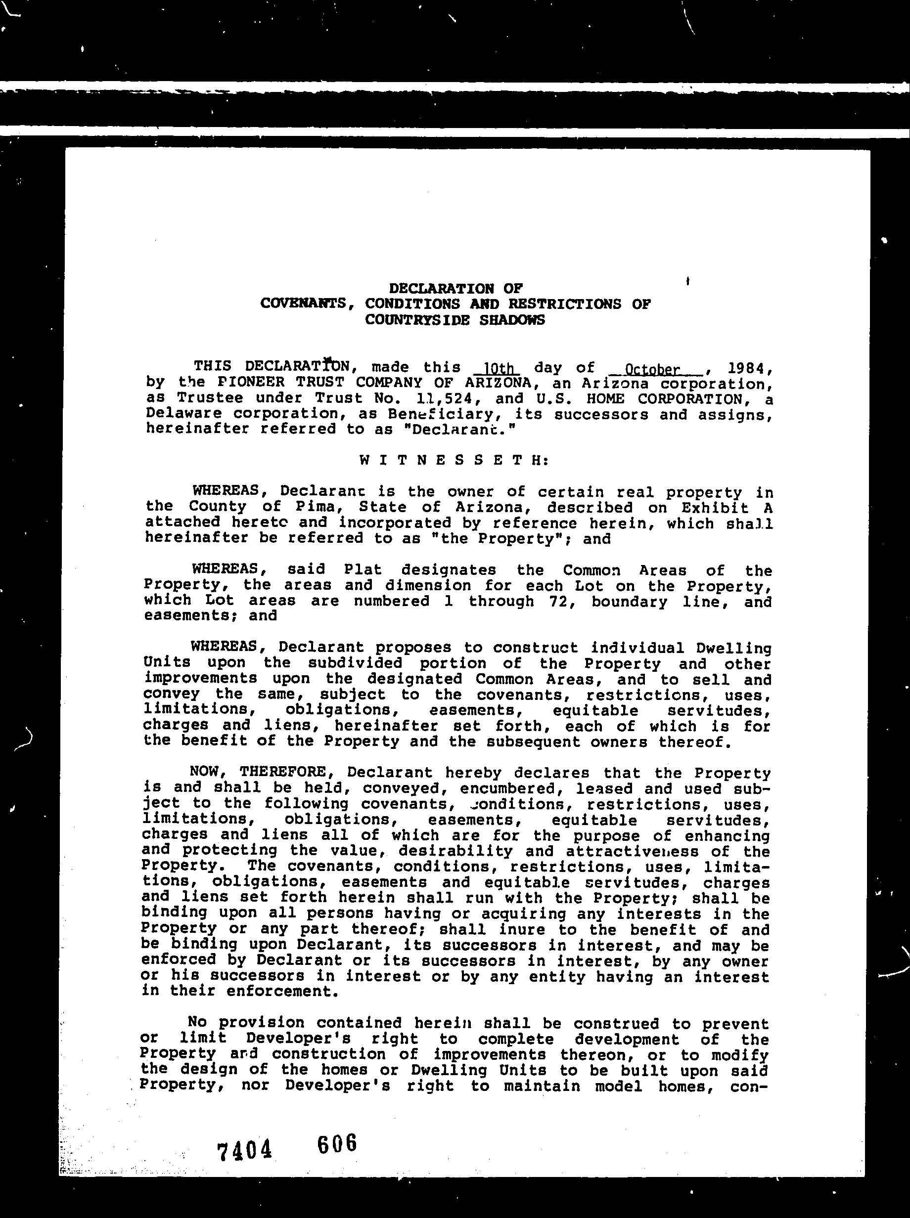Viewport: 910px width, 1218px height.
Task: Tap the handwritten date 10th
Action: [498, 368]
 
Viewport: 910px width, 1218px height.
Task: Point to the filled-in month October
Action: [652, 369]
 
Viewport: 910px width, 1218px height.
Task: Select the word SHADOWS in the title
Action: [512, 320]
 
